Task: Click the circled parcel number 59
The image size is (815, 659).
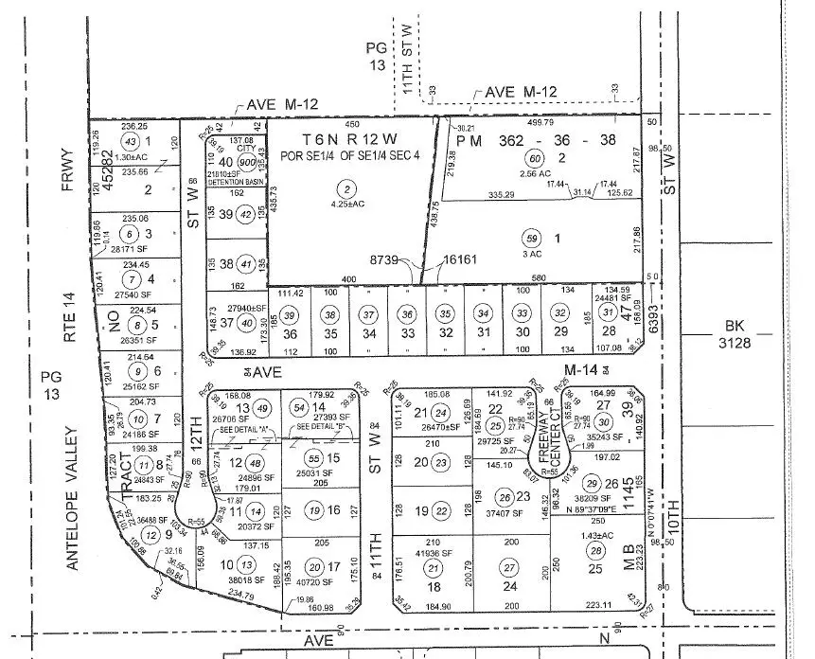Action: pos(532,239)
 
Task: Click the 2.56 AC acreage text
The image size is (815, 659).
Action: pos(536,175)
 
